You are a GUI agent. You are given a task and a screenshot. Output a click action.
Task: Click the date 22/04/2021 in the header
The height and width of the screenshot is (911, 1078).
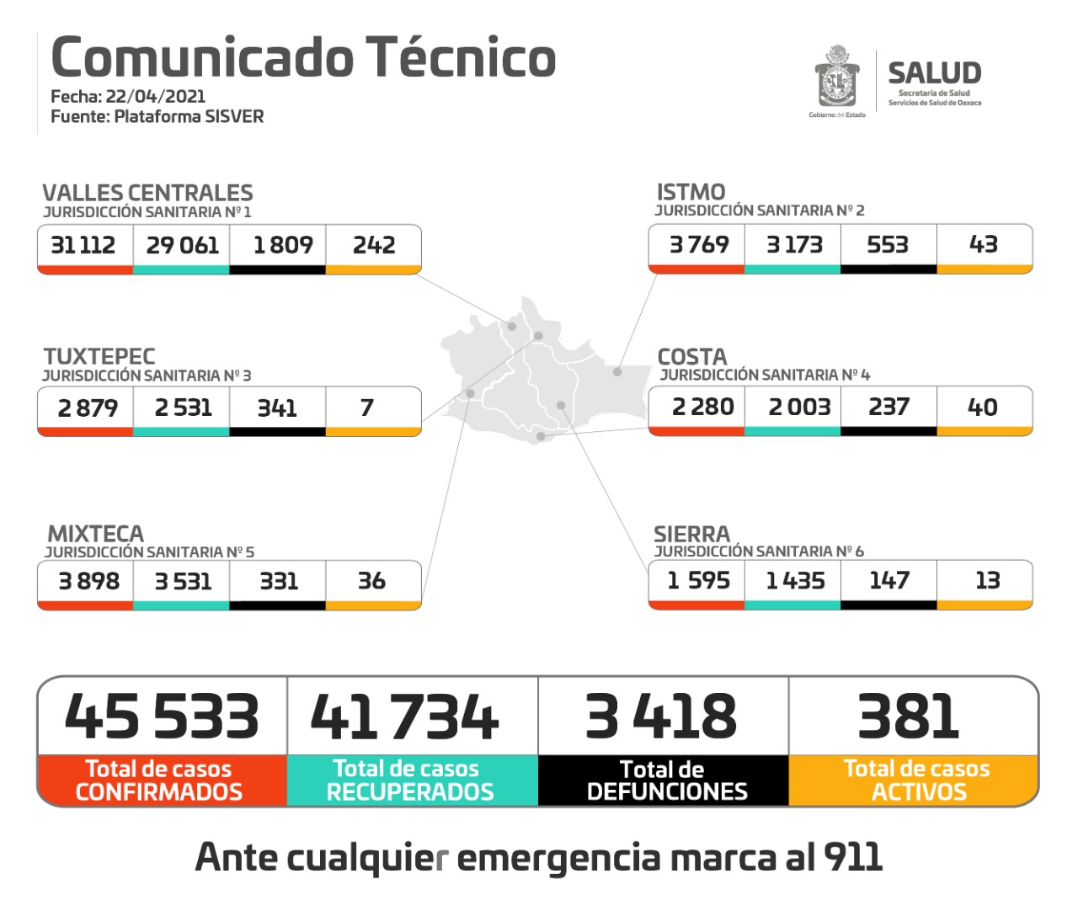point(155,96)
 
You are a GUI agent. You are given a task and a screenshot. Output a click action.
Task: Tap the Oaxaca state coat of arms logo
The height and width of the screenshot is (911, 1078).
point(836,78)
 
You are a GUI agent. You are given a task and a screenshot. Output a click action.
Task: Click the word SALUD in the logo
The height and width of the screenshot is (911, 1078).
point(934,73)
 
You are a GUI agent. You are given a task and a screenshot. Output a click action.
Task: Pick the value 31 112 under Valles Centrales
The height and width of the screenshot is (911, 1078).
point(83,245)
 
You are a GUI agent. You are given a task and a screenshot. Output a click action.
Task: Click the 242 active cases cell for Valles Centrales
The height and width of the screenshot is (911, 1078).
point(374,245)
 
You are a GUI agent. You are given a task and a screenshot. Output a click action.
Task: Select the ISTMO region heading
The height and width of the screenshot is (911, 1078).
point(691,192)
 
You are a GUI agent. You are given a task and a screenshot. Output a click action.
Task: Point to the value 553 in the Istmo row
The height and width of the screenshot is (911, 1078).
point(888,244)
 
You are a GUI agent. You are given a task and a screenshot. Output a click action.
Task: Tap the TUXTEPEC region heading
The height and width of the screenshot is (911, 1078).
point(99,356)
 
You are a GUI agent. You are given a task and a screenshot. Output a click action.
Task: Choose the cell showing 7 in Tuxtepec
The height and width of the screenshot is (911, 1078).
point(367,408)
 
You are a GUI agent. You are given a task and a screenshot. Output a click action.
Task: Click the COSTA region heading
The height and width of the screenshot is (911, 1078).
point(691,356)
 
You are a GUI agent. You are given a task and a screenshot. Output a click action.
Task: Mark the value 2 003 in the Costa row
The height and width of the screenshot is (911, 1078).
point(799,407)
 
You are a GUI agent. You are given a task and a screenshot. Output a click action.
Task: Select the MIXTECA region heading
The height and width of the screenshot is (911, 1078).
point(95,534)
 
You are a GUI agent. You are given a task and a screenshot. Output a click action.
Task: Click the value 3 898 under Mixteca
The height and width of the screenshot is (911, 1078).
point(88,581)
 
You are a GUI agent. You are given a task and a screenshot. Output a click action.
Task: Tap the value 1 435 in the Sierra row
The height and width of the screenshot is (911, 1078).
point(795,580)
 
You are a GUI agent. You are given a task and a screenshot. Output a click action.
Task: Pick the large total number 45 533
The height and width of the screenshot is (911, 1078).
point(162,717)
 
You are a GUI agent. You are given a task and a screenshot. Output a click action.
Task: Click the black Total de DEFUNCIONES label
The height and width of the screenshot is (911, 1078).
point(664,780)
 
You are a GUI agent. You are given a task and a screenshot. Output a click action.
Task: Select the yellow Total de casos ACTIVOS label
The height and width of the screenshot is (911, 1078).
point(916,780)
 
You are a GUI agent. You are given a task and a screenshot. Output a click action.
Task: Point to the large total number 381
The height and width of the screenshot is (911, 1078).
point(909,717)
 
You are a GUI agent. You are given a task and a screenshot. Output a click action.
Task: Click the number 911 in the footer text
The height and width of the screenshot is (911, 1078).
point(853,857)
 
